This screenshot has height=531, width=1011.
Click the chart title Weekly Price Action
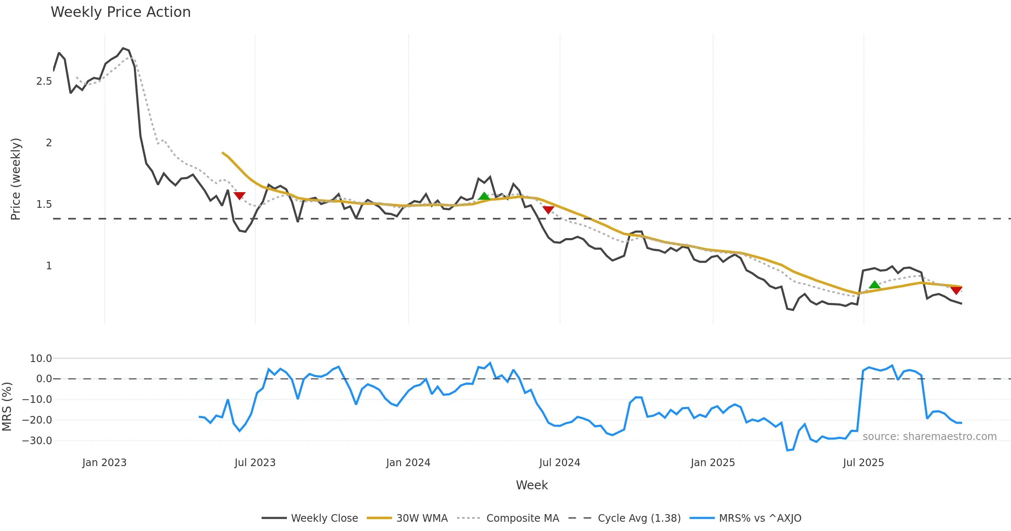[x=120, y=12]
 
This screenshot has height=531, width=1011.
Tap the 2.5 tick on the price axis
[x=44, y=81]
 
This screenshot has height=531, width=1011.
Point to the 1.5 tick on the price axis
[x=44, y=204]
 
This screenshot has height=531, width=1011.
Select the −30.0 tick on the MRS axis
[x=37, y=441]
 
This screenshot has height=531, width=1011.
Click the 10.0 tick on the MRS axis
[x=41, y=359]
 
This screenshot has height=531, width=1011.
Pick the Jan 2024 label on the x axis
[x=408, y=463]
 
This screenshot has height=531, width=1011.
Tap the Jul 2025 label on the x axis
[x=863, y=463]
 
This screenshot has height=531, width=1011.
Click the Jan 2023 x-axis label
[x=104, y=463]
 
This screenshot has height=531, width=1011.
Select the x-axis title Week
[x=532, y=485]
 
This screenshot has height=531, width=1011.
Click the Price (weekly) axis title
[x=16, y=179]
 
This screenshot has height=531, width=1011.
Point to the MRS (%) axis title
[x=7, y=407]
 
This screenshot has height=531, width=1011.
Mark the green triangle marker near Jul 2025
[x=875, y=285]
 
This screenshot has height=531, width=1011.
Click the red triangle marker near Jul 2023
[x=239, y=196]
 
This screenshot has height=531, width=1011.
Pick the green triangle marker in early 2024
[x=484, y=196]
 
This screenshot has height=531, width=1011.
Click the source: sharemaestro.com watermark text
[x=929, y=437]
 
